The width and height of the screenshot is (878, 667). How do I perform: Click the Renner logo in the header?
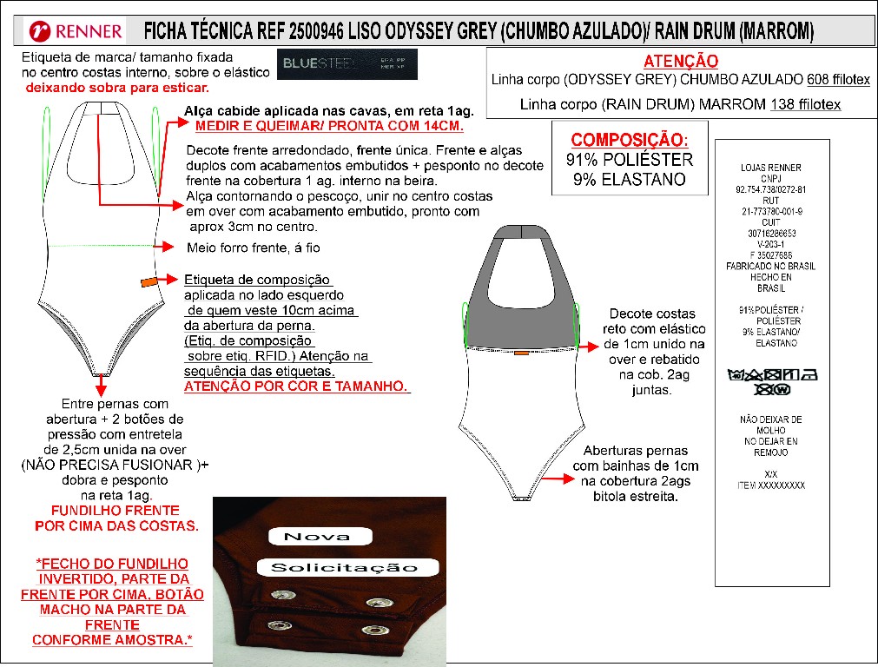point(76,32)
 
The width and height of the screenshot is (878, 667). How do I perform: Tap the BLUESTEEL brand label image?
point(348,64)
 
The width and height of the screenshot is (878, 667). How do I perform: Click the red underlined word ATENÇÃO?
point(681,62)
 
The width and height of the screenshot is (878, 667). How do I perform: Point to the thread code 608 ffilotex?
point(838,80)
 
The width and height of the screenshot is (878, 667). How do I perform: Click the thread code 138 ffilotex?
point(805,105)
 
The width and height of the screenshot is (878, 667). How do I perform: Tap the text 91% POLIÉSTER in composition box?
point(629,160)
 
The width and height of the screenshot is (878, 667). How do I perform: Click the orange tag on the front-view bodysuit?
point(148,281)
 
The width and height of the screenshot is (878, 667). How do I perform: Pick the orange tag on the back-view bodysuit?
point(521,353)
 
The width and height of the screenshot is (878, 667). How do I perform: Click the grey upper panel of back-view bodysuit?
point(521,295)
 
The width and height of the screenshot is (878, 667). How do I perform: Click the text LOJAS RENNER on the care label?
point(771,168)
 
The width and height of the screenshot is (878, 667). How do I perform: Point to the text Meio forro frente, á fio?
point(254,248)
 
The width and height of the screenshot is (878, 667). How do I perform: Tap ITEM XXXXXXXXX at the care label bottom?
point(771,485)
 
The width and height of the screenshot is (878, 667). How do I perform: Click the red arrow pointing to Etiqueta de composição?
point(170,281)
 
